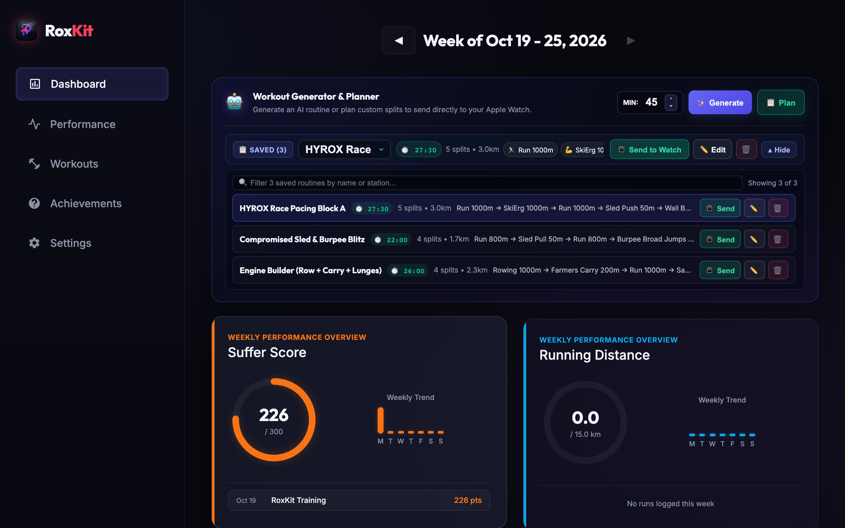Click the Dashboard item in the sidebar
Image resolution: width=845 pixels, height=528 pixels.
92,84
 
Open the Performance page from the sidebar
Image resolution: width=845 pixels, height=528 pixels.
83,124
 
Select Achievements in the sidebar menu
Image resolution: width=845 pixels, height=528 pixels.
85,204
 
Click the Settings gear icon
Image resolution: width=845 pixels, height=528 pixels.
34,243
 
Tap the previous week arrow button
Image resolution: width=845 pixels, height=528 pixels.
398,41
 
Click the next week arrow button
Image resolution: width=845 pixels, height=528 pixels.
630,41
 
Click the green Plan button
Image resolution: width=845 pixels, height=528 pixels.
780,103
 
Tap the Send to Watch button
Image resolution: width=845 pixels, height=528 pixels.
649,150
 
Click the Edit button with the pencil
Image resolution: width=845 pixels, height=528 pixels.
712,150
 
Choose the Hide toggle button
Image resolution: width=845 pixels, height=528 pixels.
779,150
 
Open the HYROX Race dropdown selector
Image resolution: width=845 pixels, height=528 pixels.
344,150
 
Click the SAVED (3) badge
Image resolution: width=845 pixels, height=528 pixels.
263,150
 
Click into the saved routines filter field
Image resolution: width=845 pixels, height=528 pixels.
487,183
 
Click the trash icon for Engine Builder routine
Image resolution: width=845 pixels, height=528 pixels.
778,270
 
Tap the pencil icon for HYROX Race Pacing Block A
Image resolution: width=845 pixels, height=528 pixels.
754,208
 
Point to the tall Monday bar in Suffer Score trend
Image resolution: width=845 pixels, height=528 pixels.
380,420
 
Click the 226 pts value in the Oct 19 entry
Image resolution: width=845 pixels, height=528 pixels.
467,500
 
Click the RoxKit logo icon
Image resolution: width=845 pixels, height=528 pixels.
26,30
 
